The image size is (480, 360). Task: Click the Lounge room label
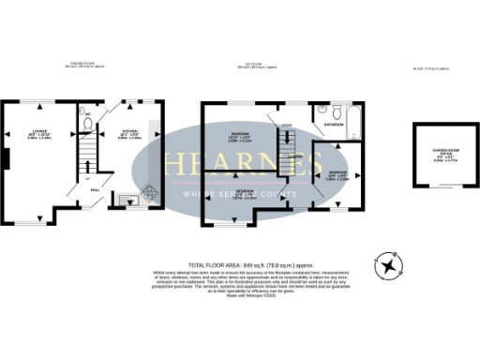pos(38,134)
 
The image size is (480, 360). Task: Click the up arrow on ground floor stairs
pos(88,178)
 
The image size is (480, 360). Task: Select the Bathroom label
pos(334,124)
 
